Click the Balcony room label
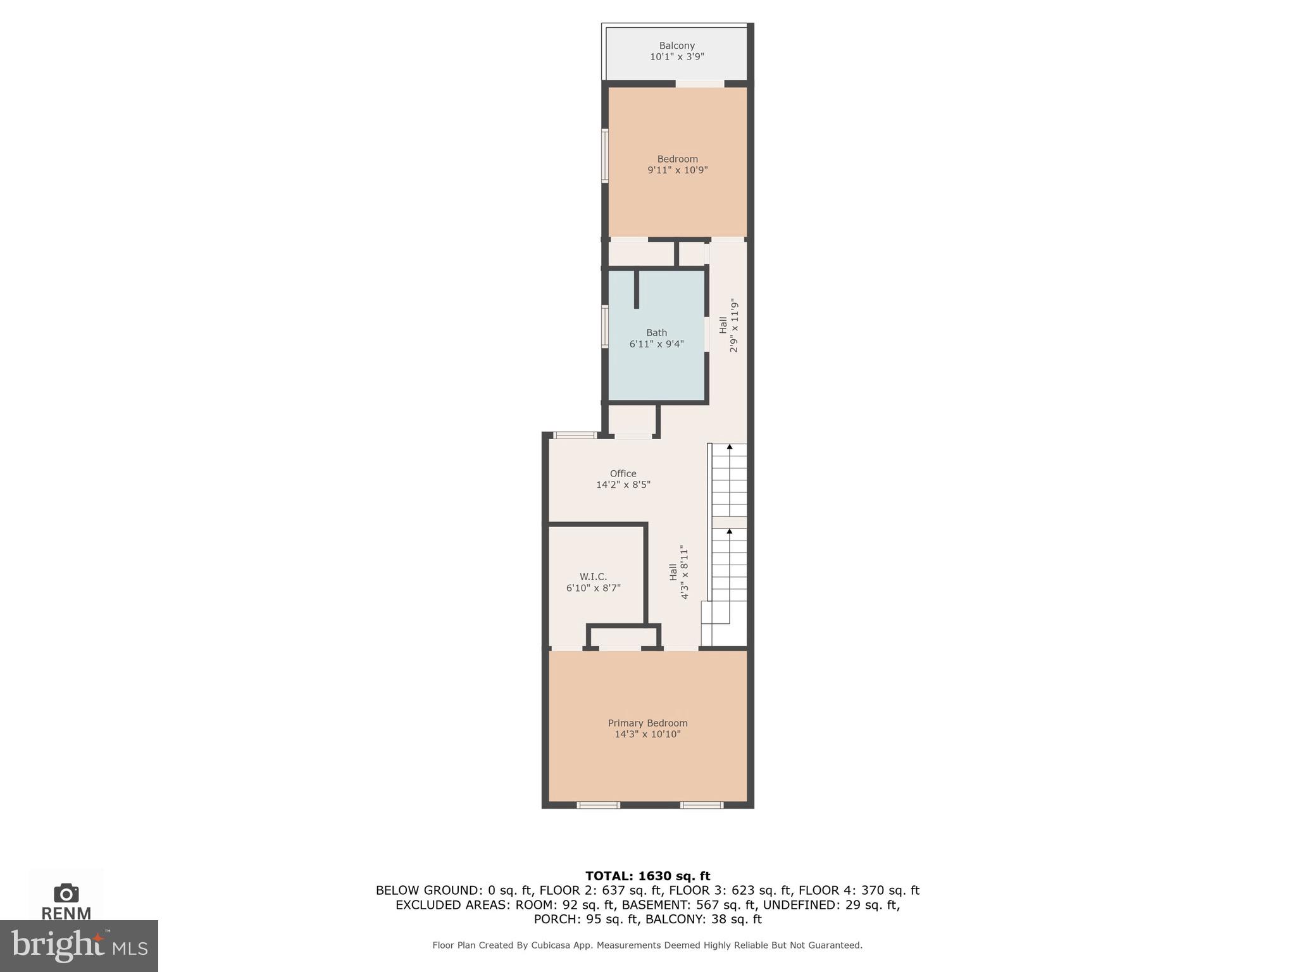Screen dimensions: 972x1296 (x=676, y=46)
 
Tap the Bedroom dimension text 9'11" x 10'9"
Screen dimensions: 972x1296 (x=677, y=170)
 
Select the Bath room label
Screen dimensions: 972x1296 (x=656, y=333)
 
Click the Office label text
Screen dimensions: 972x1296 (x=623, y=474)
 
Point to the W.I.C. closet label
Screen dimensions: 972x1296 (x=593, y=576)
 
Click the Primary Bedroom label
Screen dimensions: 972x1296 (x=647, y=723)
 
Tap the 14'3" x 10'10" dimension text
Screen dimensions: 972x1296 (x=647, y=735)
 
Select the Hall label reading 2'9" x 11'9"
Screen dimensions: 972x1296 (x=728, y=325)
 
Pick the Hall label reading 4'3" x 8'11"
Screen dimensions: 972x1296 (x=678, y=572)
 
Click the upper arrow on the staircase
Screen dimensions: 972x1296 (x=729, y=447)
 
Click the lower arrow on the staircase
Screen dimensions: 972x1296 (x=729, y=532)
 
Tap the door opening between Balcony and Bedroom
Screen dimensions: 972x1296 (x=699, y=84)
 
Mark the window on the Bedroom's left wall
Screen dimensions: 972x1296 (x=605, y=156)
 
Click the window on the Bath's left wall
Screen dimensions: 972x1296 (x=605, y=327)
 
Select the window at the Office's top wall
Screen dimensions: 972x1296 (x=575, y=435)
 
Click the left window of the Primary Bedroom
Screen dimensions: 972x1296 (x=598, y=806)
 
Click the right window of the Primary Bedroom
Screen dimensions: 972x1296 (x=701, y=806)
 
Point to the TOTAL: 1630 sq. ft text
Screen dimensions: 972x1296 (x=647, y=876)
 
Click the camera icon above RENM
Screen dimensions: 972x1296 (x=66, y=893)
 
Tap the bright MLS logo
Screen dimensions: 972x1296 (x=78, y=945)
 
